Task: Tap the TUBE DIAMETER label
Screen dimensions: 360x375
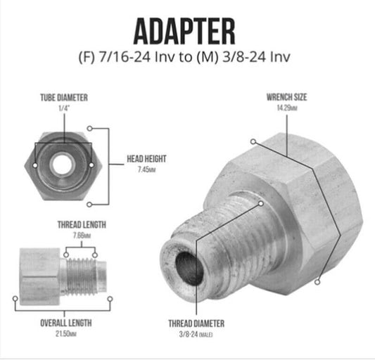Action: click(64, 98)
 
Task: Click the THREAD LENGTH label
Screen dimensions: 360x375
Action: click(82, 225)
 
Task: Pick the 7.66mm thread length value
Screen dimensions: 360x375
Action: click(82, 235)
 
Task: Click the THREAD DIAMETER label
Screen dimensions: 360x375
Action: click(196, 323)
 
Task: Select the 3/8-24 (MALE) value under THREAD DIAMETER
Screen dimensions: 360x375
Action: click(196, 335)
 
